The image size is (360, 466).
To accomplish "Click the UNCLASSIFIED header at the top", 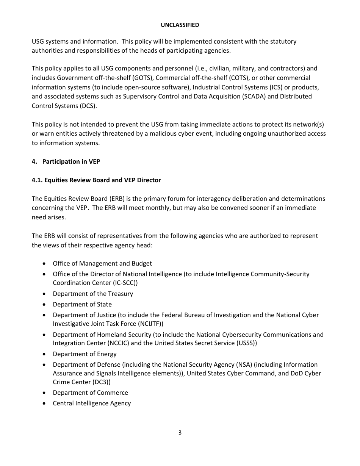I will point(180,25).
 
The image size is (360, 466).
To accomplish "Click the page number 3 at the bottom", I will point(180,433).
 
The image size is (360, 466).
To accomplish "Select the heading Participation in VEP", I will point(71,161).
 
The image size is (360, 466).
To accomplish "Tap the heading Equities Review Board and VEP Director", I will point(103,180).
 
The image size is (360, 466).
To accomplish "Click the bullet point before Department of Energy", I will point(45,354).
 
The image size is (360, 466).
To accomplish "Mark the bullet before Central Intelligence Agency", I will point(45,403).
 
